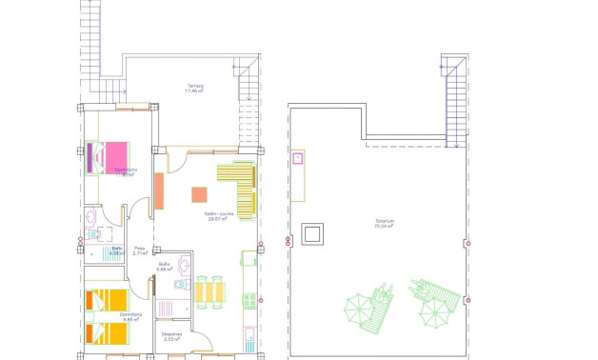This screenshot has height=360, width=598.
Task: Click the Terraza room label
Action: [195, 89]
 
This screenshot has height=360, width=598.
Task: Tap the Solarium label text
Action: [385, 224]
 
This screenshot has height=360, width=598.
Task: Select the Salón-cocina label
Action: [219, 217]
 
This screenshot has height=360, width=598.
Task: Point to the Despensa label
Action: [171, 335]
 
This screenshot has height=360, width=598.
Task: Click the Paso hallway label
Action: [139, 250]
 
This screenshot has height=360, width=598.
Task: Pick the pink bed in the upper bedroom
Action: [115, 155]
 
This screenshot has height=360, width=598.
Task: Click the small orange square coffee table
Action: [199, 194]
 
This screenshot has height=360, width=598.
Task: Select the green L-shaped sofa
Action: [240, 185]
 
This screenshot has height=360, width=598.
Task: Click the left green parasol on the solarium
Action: [361, 309]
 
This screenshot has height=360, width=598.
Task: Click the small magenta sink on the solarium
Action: [298, 158]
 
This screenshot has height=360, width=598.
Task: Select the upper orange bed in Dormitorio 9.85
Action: [103, 300]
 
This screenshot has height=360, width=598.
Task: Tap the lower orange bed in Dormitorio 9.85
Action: [103, 331]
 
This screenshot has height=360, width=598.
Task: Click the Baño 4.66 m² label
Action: [164, 267]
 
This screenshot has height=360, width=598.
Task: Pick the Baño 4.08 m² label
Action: [116, 251]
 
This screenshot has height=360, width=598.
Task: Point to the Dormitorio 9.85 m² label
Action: [131, 316]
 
